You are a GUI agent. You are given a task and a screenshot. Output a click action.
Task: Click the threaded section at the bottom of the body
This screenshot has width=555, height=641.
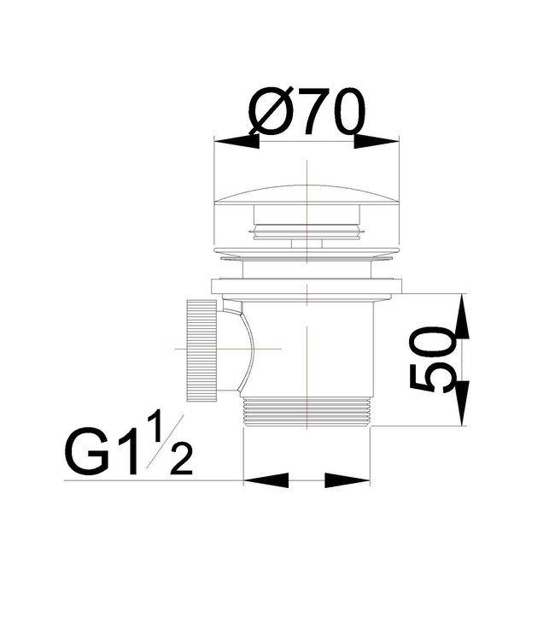(x=307, y=412)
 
